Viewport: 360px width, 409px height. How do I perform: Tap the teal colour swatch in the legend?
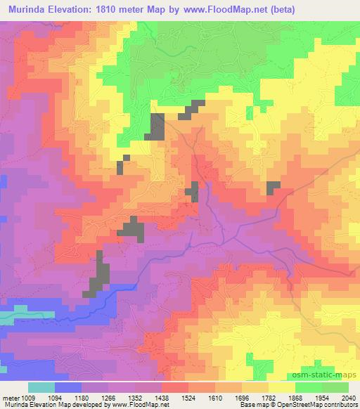(x=41, y=387)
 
